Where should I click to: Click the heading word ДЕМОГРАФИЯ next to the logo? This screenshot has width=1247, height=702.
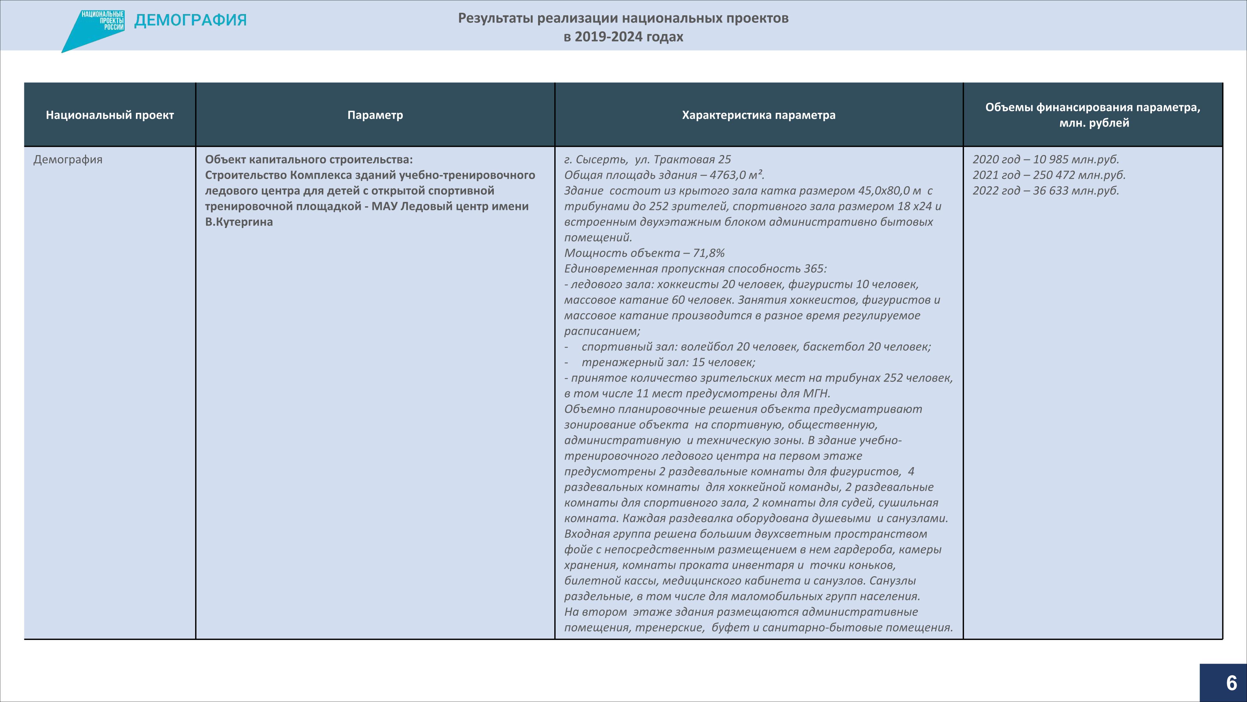click(x=190, y=20)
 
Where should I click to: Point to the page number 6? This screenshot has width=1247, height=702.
click(x=1231, y=683)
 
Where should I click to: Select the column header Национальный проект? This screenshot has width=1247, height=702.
click(x=110, y=115)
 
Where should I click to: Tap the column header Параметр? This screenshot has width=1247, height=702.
click(x=375, y=115)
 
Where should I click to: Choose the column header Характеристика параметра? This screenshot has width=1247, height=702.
click(x=758, y=115)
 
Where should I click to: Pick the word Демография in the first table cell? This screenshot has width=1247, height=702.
click(x=68, y=159)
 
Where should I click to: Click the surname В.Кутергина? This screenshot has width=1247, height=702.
click(x=239, y=222)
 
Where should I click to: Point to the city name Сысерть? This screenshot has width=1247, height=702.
click(x=602, y=159)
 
